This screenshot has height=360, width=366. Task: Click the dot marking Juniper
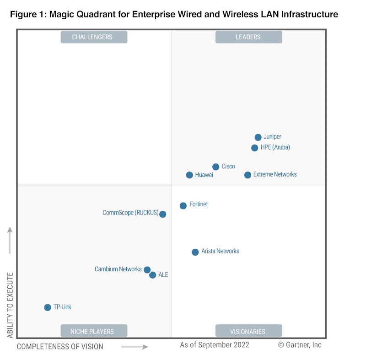click(258, 137)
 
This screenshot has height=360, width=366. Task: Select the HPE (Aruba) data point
click(255, 148)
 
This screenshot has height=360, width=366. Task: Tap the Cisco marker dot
click(215, 167)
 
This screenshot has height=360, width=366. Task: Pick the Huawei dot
click(189, 175)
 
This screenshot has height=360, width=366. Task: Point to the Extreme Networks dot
click(248, 175)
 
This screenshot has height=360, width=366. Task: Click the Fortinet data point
click(183, 205)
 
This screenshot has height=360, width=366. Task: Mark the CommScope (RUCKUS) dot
click(163, 214)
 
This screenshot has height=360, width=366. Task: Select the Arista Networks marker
click(195, 252)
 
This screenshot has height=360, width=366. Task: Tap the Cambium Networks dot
click(147, 270)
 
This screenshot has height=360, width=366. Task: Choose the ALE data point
click(153, 275)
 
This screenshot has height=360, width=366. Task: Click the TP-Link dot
click(48, 307)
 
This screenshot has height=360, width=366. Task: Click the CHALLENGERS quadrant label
click(94, 37)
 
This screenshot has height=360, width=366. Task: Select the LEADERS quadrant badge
click(248, 37)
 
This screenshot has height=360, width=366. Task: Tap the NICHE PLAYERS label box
click(94, 331)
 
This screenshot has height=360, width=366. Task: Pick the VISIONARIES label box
click(248, 331)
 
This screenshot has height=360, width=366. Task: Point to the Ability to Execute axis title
click(10, 305)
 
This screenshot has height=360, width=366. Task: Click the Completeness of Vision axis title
click(60, 346)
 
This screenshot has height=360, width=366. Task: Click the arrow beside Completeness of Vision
click(135, 347)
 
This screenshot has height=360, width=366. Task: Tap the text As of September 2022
click(215, 345)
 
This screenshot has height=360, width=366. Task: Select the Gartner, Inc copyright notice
click(300, 345)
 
